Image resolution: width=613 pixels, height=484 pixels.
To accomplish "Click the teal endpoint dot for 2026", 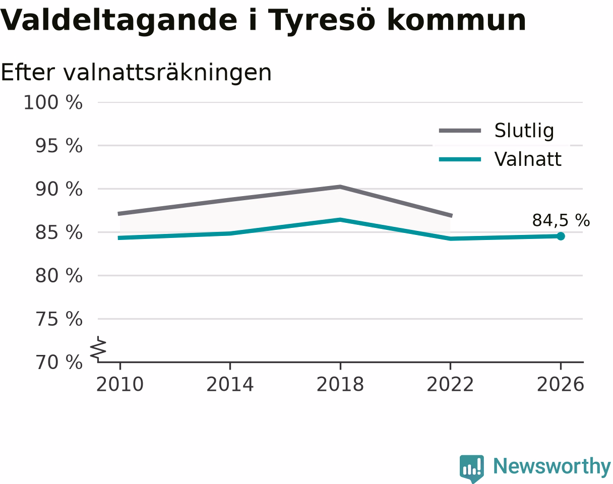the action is (561, 236).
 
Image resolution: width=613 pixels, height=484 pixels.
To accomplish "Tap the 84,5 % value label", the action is (561, 220).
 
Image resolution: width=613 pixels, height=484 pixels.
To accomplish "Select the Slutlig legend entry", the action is (497, 131).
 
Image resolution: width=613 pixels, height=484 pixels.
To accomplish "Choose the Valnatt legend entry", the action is (500, 159).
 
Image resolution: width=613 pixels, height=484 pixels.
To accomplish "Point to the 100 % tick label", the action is (53, 102).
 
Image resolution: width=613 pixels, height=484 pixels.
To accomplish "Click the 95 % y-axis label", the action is (59, 146).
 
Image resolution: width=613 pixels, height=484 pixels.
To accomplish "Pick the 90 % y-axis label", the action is (59, 189).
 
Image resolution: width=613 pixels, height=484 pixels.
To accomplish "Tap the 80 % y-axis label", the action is (59, 276).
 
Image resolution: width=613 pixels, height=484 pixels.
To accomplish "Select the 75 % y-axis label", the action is (59, 319).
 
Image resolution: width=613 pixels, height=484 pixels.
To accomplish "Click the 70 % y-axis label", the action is (59, 362).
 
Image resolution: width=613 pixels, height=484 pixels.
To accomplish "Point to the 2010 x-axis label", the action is (120, 385).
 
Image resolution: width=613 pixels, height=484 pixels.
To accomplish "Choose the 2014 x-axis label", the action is (230, 385).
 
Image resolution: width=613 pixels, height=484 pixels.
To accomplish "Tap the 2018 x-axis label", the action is (340, 385).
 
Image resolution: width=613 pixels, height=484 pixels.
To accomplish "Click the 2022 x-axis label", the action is (450, 385).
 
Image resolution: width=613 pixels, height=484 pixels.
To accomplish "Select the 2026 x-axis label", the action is (560, 385).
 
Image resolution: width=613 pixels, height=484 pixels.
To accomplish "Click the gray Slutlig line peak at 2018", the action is (340, 187).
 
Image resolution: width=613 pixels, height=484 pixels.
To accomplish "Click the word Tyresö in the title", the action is (322, 21).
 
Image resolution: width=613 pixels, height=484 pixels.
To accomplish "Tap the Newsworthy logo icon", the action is (472, 467).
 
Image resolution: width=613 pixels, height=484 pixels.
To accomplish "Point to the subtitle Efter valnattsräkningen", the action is (136, 73).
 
